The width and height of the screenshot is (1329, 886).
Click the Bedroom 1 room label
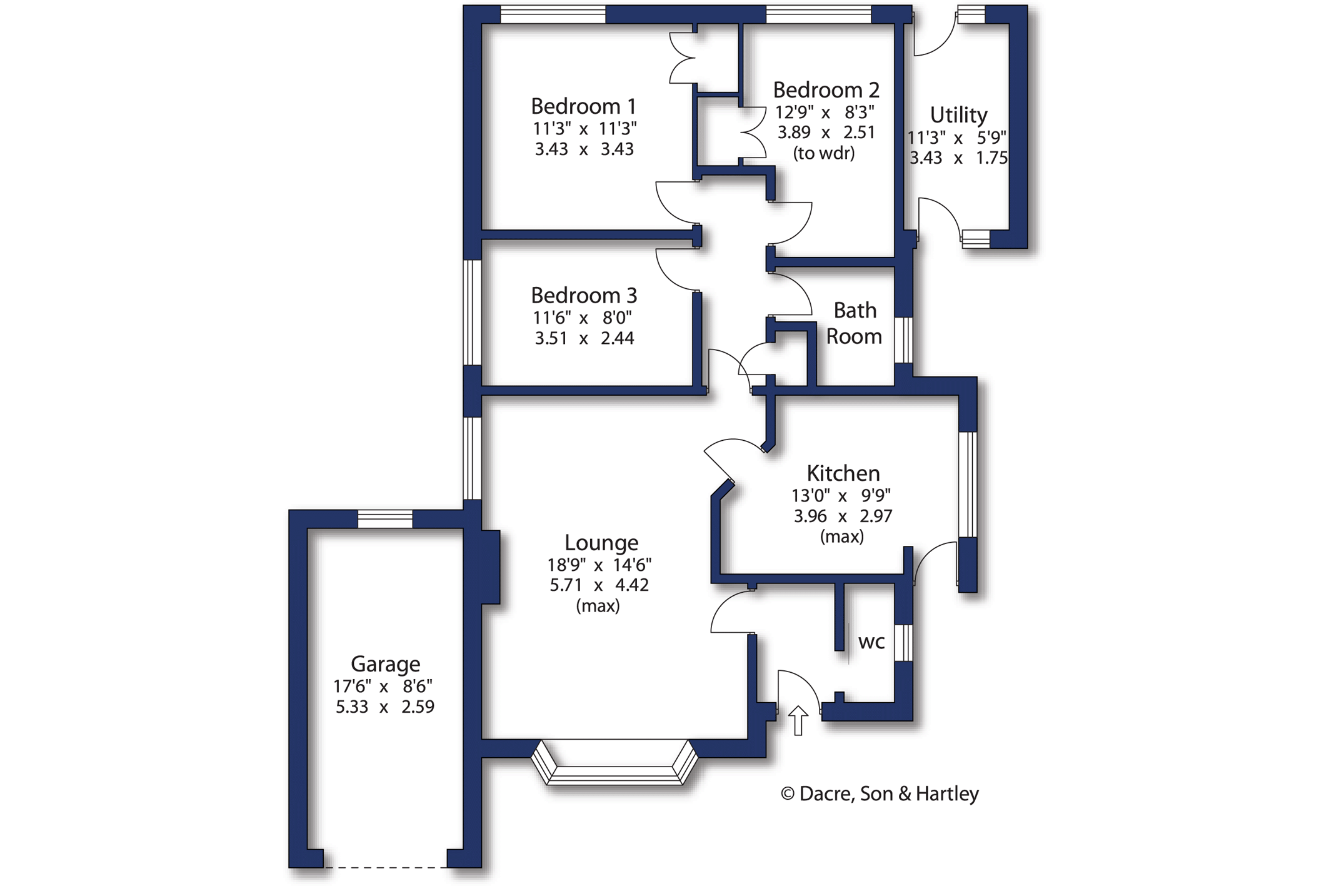583,106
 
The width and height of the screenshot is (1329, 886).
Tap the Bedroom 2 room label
826,90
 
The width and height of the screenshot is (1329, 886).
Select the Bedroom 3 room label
584,295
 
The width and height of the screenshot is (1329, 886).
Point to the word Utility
958,115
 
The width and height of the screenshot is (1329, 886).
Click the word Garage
385,664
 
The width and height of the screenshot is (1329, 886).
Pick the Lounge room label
601,543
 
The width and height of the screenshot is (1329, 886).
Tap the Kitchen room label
843,473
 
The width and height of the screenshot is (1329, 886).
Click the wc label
871,642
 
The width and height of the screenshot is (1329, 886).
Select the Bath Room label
854,323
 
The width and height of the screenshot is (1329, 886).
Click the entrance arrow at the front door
798,720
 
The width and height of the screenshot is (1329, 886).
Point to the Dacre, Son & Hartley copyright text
880,793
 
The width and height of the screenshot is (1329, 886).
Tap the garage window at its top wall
385,519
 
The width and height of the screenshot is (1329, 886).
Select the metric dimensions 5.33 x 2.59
385,707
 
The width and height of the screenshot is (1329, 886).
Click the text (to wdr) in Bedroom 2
824,153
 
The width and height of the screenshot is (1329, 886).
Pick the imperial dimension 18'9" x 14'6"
599,565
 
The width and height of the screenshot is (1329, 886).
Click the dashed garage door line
385,867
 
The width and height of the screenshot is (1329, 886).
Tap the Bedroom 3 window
472,313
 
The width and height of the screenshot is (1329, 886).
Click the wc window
903,643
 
